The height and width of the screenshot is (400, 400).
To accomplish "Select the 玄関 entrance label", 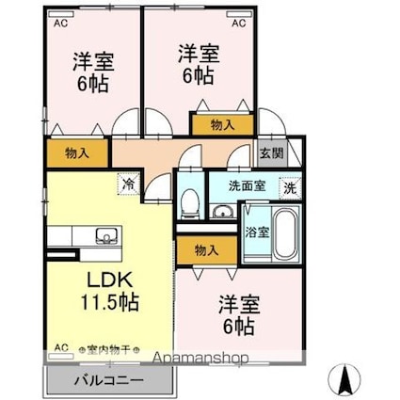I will (x=268, y=152).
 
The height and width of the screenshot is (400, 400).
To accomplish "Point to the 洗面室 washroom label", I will (x=247, y=185).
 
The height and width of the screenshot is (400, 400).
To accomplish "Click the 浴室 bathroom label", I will (x=254, y=230).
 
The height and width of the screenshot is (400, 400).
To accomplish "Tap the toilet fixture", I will (x=189, y=200).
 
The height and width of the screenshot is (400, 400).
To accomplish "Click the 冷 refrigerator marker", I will (x=128, y=184).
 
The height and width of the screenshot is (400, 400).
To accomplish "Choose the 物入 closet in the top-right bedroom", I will (x=222, y=122).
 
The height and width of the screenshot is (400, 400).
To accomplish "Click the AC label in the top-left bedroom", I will (x=59, y=22).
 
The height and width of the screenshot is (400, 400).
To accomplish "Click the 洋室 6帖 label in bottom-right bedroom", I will (x=237, y=315).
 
